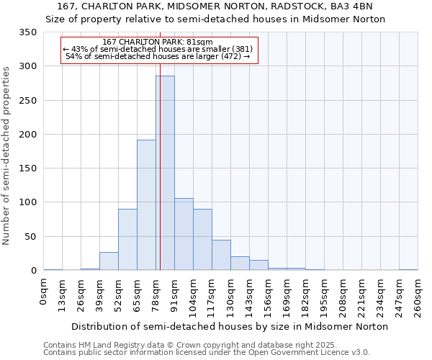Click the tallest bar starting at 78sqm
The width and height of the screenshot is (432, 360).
[166, 173]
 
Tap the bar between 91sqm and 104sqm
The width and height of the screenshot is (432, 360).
[184, 234]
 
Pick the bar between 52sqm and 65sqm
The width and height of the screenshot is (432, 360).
[127, 240]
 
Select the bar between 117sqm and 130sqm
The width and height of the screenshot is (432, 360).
[221, 255]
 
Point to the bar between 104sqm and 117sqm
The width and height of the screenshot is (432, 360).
[202, 240]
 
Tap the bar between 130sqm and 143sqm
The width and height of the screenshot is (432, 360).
[240, 264]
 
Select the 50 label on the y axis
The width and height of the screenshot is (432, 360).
[30, 236]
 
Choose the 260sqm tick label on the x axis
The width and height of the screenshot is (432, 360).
[418, 296]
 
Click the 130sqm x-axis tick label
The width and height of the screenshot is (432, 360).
[230, 296]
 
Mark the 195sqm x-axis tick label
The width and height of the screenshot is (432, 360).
[324, 296]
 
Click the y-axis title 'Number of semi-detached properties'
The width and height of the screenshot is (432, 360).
[6, 155]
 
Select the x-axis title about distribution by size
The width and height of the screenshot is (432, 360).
[230, 326]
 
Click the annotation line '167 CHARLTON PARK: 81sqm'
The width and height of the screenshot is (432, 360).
[158, 42]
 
